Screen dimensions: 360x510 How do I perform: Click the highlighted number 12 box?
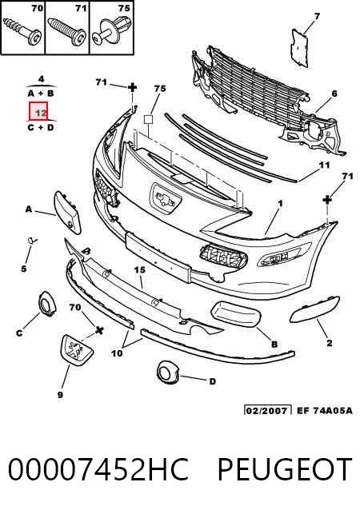click(38, 111)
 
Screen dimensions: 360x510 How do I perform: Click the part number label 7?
click(317, 16)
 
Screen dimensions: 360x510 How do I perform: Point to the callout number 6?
click(334, 94)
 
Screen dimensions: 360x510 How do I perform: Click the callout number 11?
click(324, 165)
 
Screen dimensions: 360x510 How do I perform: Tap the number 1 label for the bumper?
click(280, 204)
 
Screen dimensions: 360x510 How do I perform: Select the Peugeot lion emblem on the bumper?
click(166, 199)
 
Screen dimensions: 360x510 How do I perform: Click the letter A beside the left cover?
click(30, 209)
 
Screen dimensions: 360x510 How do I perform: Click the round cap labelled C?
click(47, 304)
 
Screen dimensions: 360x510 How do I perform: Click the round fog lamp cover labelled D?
click(168, 371)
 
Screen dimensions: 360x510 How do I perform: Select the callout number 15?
click(140, 270)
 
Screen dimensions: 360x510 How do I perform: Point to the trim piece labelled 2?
click(314, 309)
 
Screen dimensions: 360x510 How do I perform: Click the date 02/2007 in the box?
click(267, 410)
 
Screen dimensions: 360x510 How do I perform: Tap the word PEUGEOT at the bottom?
click(285, 469)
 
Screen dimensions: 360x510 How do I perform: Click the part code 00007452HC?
click(98, 469)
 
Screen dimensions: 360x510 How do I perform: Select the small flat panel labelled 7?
click(299, 48)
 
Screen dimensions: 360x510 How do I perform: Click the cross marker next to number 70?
click(100, 330)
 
